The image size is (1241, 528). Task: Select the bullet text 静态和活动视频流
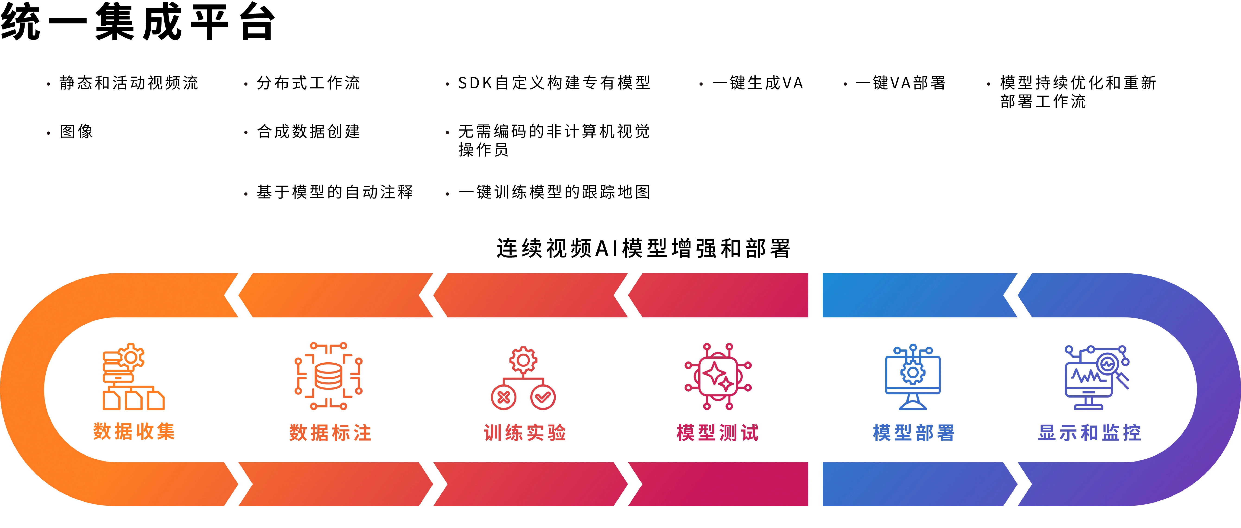point(129,83)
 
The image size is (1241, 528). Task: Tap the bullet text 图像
point(76,131)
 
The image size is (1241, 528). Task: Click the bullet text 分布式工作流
point(308,83)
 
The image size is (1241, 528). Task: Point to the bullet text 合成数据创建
point(308,131)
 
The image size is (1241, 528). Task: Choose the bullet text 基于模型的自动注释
point(335,192)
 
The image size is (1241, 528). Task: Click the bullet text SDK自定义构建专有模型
point(554,83)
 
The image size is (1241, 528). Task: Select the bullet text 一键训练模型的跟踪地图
point(554,192)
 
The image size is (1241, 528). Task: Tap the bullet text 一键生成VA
point(757,83)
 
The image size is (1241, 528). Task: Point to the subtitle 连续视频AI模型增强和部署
point(644,249)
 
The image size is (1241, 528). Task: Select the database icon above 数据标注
point(329,376)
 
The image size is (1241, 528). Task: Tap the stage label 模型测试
point(718,433)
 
